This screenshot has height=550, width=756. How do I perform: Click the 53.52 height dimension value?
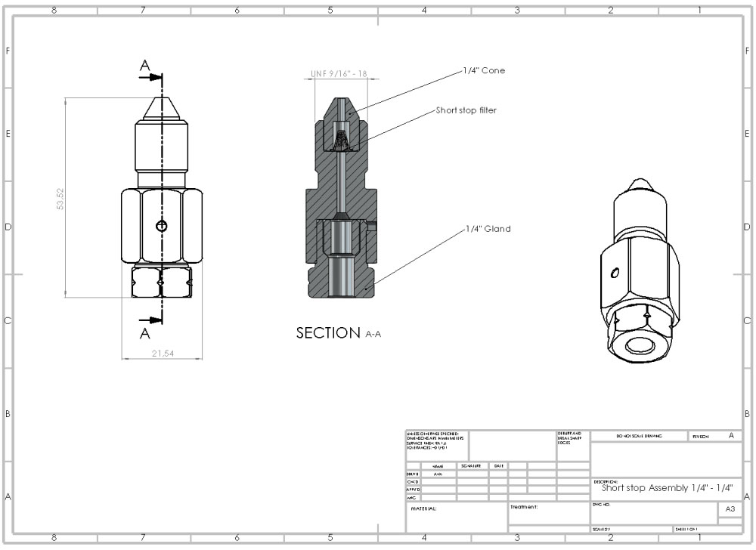[x=60, y=198]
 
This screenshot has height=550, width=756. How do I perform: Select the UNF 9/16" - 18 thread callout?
[x=339, y=74]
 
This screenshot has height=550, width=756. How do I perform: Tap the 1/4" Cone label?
[x=485, y=70]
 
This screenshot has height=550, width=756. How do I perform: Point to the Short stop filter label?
[x=466, y=110]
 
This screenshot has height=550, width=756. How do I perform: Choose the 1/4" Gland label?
[x=488, y=229]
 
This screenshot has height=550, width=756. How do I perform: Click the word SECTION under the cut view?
[x=328, y=333]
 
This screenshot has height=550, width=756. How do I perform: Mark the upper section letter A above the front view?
[x=145, y=66]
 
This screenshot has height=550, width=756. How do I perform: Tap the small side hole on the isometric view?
[x=616, y=272]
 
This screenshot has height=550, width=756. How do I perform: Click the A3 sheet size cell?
[x=730, y=510]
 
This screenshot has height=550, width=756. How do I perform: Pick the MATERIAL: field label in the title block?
[x=423, y=508]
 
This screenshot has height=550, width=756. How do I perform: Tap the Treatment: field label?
[x=524, y=508]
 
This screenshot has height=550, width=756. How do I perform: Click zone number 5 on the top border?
[x=330, y=10]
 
